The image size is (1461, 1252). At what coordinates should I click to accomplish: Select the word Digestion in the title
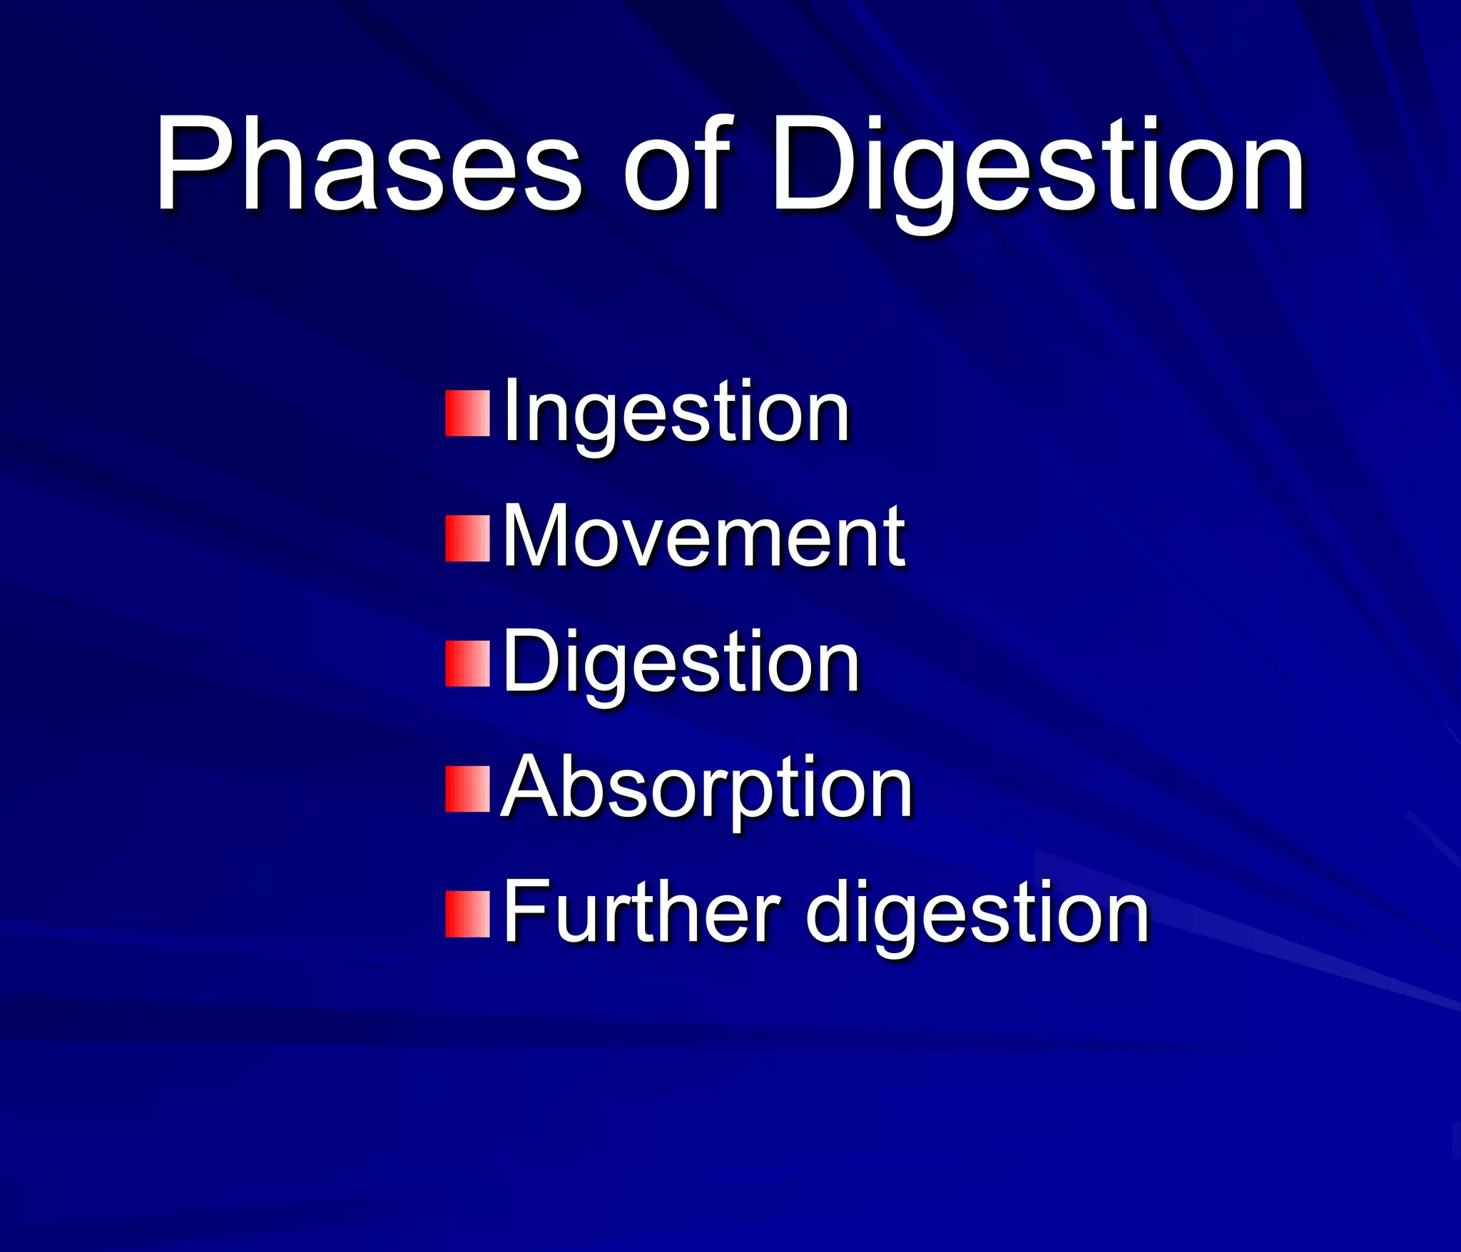1039,171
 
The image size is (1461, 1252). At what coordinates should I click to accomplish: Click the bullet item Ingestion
676,414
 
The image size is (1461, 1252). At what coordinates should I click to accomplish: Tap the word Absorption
707,789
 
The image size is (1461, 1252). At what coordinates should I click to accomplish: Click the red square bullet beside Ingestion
467,413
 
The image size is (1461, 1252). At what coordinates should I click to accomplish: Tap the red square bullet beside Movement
467,539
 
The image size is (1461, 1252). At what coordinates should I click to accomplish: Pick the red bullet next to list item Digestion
467,663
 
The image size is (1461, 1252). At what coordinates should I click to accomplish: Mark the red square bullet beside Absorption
467,789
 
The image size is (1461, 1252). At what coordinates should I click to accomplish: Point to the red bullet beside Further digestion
467,914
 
